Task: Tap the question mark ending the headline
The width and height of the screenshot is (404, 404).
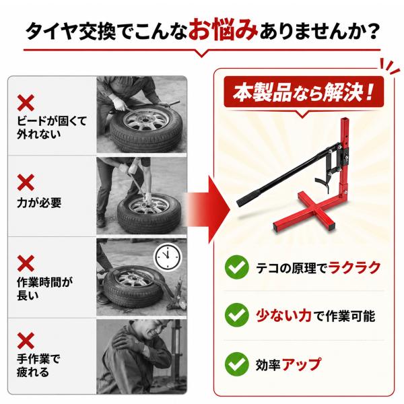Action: [371, 31]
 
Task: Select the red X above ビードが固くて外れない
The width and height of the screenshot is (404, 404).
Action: [26, 103]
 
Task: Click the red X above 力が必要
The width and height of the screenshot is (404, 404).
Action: [26, 182]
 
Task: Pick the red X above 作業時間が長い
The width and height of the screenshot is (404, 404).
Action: [26, 263]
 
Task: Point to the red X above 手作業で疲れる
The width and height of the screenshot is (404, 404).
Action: [26, 341]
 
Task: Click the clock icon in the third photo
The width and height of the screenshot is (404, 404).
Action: [168, 257]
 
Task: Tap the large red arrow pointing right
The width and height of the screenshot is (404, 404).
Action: [208, 209]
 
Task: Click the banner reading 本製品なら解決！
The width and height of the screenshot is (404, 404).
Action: [304, 93]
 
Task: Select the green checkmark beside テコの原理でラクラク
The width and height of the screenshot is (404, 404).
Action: [236, 267]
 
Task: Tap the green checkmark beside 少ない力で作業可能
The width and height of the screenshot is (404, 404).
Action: [236, 315]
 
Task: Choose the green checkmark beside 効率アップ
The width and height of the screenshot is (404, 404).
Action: [236, 364]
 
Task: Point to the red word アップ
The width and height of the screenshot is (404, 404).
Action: [302, 364]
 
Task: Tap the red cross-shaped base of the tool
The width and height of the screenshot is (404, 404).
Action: [305, 210]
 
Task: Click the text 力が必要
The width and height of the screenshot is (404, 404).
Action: [39, 203]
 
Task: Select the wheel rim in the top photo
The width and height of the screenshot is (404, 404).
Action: [146, 119]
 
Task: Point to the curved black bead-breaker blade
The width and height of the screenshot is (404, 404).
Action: [323, 183]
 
